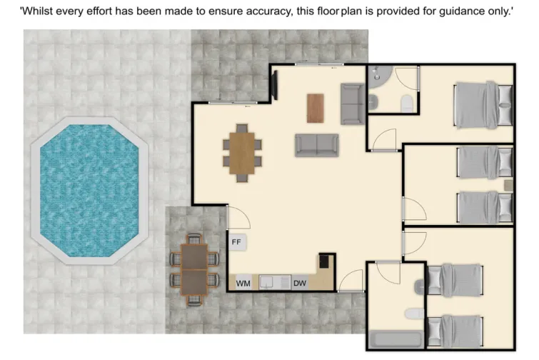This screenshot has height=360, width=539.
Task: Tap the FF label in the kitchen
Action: click(x=237, y=242)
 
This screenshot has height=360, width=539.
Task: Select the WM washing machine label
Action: click(x=243, y=284)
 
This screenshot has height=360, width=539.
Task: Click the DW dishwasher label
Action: click(x=300, y=284)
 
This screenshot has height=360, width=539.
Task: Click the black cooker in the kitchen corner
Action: click(x=326, y=261)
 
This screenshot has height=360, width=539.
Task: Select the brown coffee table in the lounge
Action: click(x=315, y=108)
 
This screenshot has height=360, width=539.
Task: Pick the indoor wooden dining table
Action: click(x=242, y=152)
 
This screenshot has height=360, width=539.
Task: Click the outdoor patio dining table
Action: click(x=193, y=269)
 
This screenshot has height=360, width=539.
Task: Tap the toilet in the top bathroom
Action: click(x=406, y=104)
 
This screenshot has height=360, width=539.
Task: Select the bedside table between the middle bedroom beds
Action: click(x=508, y=184)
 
